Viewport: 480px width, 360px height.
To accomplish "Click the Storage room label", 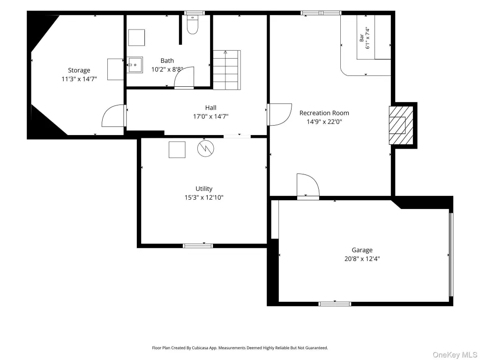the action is click(x=79, y=70).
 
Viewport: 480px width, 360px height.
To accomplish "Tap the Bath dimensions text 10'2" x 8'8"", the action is click(x=167, y=69).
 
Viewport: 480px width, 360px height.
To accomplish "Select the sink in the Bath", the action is click(x=135, y=65).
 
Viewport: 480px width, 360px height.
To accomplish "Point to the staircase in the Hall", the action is click(x=227, y=70).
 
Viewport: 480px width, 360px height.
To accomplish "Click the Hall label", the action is click(x=210, y=108).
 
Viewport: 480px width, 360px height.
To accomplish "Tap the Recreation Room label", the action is click(x=324, y=113).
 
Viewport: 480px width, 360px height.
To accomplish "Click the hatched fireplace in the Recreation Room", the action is click(x=401, y=126).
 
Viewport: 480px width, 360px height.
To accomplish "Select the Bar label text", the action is click(x=361, y=37).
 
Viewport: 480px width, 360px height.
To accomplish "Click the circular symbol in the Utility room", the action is click(x=205, y=149).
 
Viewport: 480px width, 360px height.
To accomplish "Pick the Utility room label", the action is click(x=204, y=189).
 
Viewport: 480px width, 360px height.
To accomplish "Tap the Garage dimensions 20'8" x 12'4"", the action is click(x=362, y=259).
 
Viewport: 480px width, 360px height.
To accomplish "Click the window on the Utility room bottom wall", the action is click(x=198, y=246).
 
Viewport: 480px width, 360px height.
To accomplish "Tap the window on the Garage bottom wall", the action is click(x=335, y=304).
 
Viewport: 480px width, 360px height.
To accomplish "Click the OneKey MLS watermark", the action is click(x=455, y=355).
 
